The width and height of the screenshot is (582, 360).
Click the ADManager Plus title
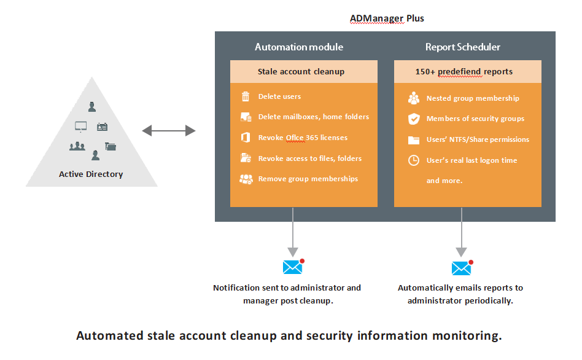click(x=387, y=18)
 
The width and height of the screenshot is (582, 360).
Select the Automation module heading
click(x=299, y=47)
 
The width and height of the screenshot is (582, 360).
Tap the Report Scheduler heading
click(x=462, y=47)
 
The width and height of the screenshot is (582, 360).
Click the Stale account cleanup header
click(x=301, y=71)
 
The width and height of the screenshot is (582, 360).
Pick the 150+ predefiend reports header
click(x=464, y=71)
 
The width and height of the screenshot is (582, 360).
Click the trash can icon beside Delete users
click(x=246, y=96)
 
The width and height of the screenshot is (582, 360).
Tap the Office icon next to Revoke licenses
click(x=246, y=138)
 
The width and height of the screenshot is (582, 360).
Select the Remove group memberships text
click(x=308, y=179)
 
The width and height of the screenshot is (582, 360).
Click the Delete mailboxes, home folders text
click(x=313, y=117)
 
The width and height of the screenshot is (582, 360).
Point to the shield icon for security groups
click(x=414, y=119)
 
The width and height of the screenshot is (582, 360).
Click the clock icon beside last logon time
click(x=414, y=160)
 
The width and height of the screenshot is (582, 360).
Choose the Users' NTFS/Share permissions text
click(x=478, y=139)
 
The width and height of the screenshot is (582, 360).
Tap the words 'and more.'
click(x=444, y=181)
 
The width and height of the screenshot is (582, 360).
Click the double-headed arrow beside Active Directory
click(x=169, y=130)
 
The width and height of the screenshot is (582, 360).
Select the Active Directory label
click(x=91, y=174)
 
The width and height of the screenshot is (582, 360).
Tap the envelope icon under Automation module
click(x=293, y=267)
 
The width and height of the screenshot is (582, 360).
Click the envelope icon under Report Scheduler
click(x=461, y=268)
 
